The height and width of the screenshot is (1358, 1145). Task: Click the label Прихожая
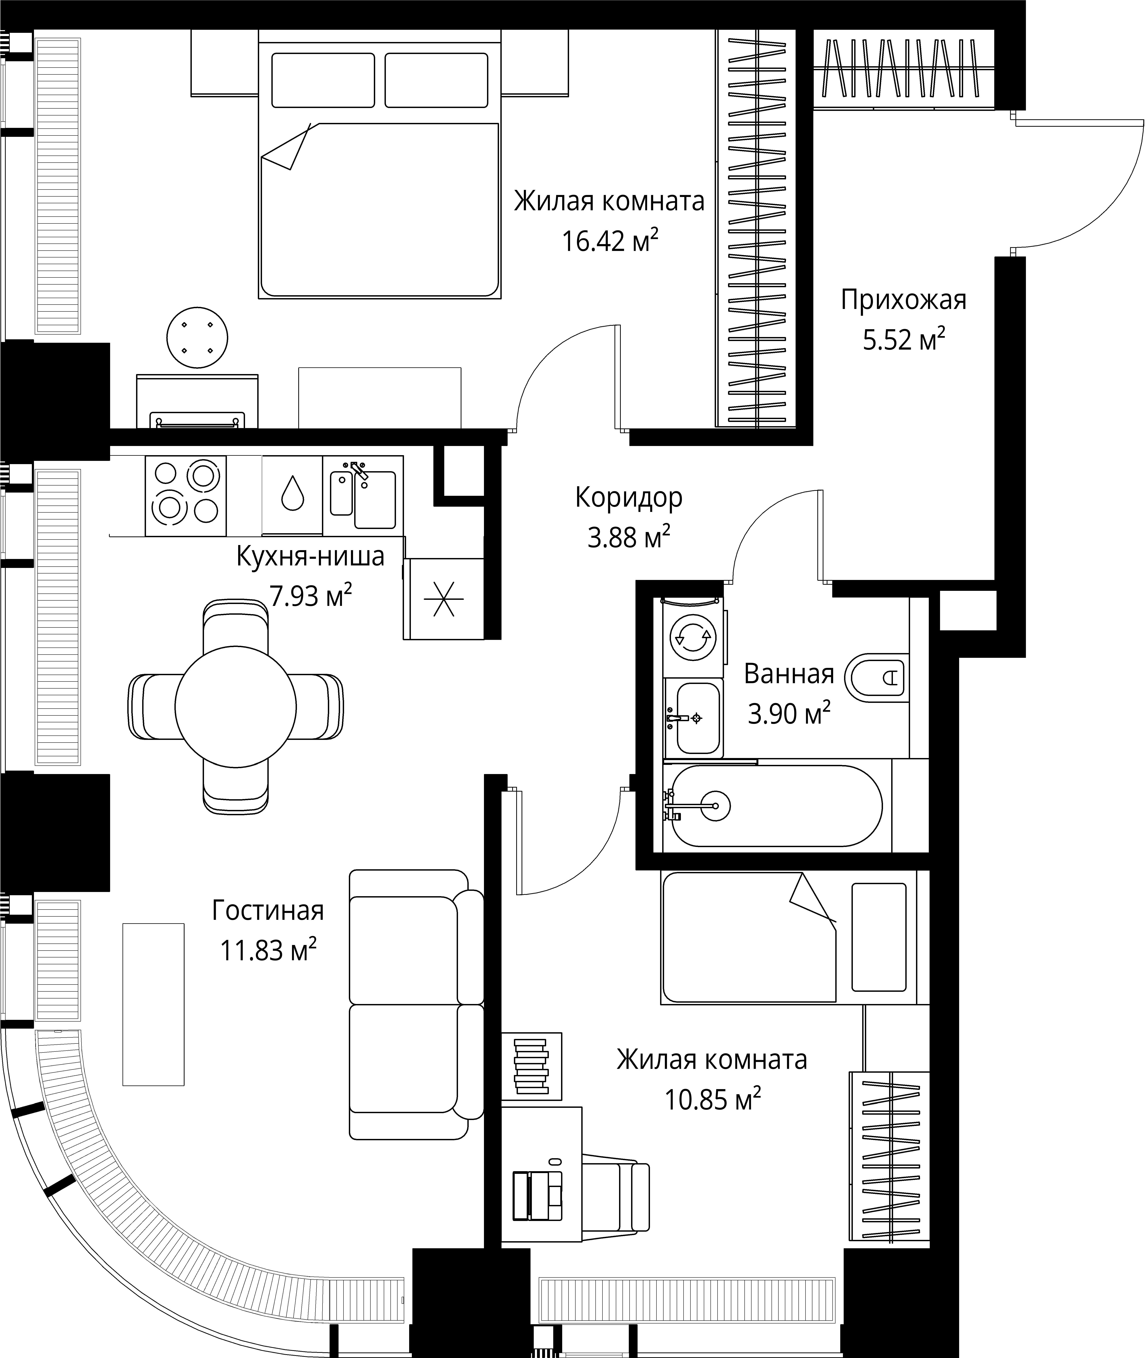(904, 301)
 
